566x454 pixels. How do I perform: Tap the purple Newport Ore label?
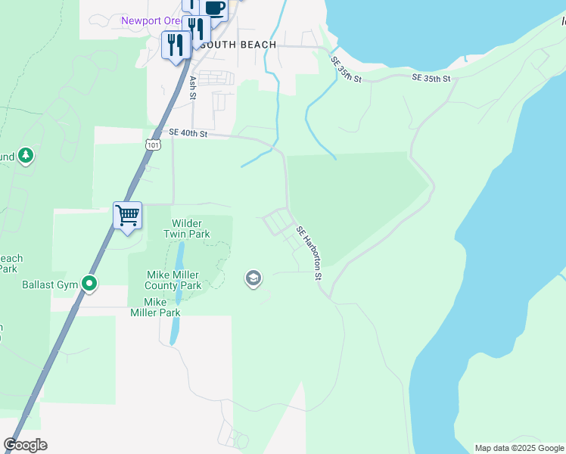[x=150, y=20]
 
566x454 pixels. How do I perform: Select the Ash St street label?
[x=193, y=87]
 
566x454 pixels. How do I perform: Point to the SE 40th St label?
[x=188, y=132]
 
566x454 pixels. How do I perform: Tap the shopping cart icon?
[x=127, y=215]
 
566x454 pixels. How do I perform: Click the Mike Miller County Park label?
[x=174, y=280]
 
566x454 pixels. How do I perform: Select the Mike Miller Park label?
[x=155, y=306]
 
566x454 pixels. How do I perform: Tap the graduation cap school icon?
[x=253, y=279]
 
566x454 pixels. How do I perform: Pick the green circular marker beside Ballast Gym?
[x=90, y=285]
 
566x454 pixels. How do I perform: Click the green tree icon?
[x=26, y=156]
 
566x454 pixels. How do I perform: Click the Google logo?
[x=26, y=445]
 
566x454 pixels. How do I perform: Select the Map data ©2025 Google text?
[x=518, y=448]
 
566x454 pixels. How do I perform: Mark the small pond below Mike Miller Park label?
[x=175, y=331]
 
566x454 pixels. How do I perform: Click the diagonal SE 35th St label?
[x=347, y=69]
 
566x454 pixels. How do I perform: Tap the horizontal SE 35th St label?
[x=431, y=78]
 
